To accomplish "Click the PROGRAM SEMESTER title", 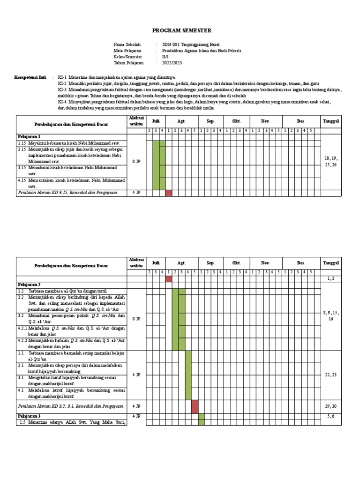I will (x=182, y=31).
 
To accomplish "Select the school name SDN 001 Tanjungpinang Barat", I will (x=185, y=45).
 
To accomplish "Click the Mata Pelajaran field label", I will (x=127, y=51).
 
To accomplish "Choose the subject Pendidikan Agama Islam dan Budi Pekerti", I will (x=199, y=51).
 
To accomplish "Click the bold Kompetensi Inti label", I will (x=30, y=77).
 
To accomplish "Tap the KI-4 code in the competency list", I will (x=63, y=102).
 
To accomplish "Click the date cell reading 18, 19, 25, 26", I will (x=330, y=162).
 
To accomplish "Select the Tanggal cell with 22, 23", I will (x=330, y=375).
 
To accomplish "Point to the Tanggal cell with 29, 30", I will (x=330, y=406).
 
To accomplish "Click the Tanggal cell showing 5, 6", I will (x=330, y=416).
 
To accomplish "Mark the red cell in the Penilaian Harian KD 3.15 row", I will (x=169, y=193).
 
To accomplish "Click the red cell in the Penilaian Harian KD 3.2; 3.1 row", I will (x=195, y=406).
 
